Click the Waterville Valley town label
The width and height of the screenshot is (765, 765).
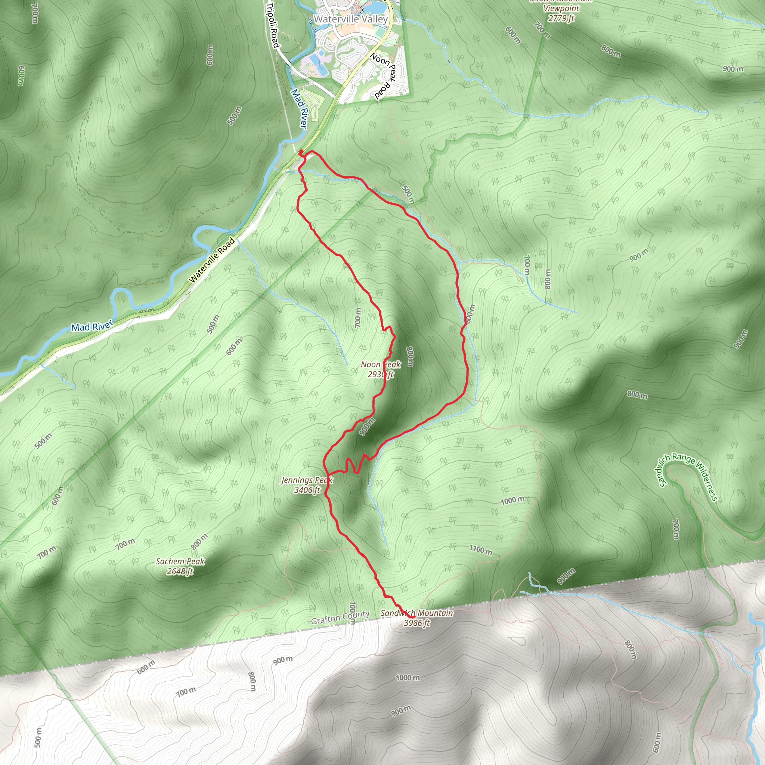pyautogui.click(x=350, y=19)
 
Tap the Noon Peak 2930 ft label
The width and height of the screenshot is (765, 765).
pyautogui.click(x=381, y=369)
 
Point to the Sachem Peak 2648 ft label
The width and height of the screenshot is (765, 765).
pyautogui.click(x=180, y=566)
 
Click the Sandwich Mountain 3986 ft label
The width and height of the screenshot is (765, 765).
pyautogui.click(x=416, y=618)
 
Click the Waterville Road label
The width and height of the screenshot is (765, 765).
pyautogui.click(x=212, y=260)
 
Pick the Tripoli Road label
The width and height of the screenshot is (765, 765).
pyautogui.click(x=273, y=25)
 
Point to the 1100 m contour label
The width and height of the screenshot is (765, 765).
pyautogui.click(x=481, y=549)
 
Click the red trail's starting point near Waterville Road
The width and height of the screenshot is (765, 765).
pyautogui.click(x=301, y=152)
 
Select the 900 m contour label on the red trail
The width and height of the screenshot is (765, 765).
pyautogui.click(x=367, y=427)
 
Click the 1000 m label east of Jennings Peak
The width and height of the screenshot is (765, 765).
pyautogui.click(x=513, y=501)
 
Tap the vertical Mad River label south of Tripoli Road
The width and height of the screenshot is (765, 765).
pyautogui.click(x=299, y=108)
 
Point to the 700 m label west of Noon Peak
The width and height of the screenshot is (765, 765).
pyautogui.click(x=357, y=318)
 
